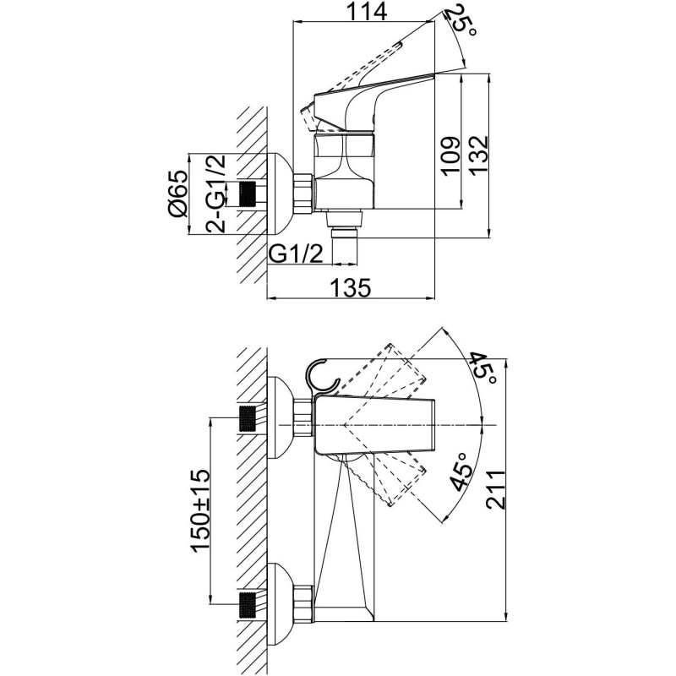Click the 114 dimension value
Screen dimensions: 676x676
[367, 12]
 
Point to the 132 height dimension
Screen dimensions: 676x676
[478, 155]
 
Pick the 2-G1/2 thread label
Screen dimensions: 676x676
[215, 194]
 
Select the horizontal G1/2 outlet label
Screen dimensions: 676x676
[296, 253]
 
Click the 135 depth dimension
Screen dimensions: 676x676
[351, 287]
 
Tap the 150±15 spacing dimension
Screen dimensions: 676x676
[201, 511]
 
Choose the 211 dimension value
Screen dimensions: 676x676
[496, 490]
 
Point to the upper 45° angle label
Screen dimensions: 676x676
[483, 368]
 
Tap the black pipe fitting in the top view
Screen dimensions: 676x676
[247, 194]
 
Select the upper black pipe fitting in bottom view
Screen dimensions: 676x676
[247, 418]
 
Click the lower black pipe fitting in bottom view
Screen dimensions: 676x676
[247, 606]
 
